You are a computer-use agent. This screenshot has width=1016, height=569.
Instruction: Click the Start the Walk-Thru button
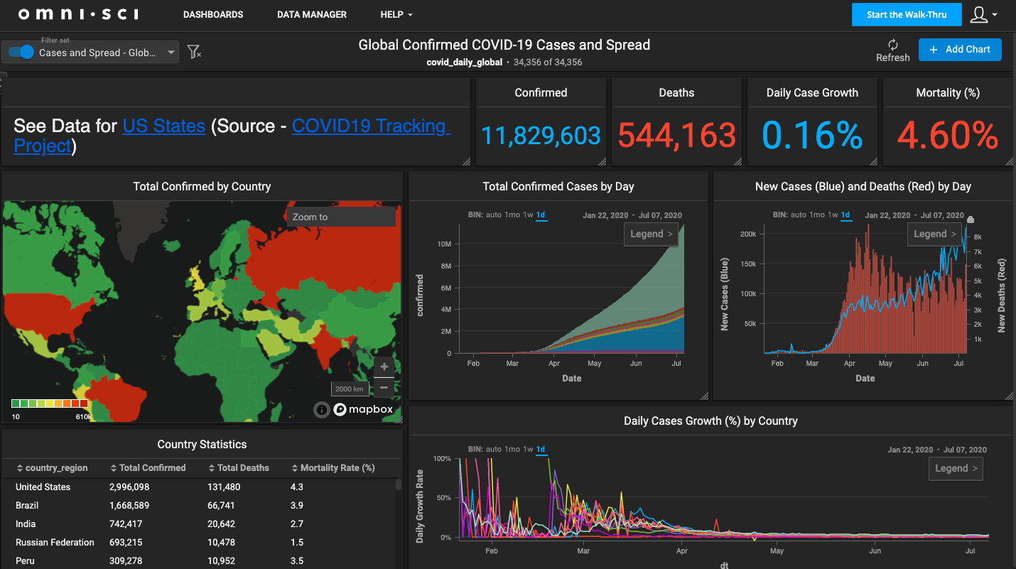[907, 15]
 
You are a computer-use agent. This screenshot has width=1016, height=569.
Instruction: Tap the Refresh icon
[893, 45]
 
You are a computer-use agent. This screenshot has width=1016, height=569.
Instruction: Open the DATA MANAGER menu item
[312, 14]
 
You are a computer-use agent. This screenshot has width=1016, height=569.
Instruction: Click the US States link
[164, 126]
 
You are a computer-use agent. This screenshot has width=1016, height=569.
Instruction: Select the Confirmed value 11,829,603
[541, 135]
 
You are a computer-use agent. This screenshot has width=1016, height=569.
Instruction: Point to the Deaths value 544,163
[676, 135]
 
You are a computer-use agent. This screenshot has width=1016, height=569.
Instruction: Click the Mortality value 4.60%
[948, 135]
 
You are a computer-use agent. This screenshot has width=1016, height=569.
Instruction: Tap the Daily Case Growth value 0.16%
[812, 135]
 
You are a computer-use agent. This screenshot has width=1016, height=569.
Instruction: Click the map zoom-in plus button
[384, 367]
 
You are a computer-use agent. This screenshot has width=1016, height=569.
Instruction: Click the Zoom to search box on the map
[341, 217]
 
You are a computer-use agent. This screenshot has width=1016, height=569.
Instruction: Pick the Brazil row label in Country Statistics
[27, 506]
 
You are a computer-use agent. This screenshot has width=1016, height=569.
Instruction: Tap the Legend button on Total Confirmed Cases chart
[651, 234]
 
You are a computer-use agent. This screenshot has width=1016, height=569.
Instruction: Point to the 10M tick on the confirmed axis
[444, 244]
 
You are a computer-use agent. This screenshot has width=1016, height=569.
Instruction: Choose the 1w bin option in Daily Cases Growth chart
[528, 450]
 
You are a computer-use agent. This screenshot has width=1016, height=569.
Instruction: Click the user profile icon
[979, 15]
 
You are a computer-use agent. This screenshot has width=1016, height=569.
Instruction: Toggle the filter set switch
[22, 52]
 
